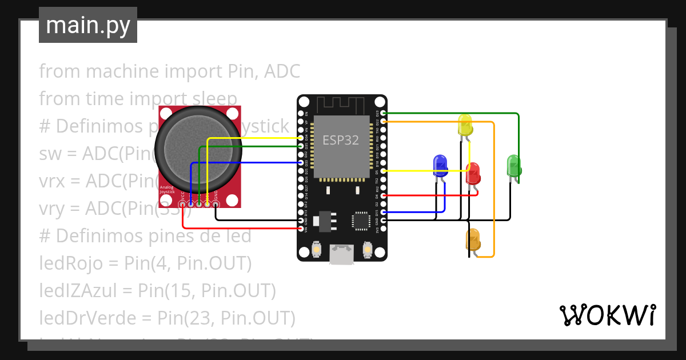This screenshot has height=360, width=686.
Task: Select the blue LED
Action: pos(440,165)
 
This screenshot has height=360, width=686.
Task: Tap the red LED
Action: pos(473,173)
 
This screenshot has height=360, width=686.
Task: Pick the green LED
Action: pos(513,166)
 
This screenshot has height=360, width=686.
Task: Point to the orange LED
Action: pos(473,239)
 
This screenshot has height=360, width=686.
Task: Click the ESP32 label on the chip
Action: pos(341,140)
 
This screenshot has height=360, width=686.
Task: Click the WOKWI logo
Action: pos(607,315)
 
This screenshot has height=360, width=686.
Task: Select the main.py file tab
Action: pos(88,26)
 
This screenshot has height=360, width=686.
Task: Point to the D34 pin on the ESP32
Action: pos(301,138)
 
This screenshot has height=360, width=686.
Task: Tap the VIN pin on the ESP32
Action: pos(301,229)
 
